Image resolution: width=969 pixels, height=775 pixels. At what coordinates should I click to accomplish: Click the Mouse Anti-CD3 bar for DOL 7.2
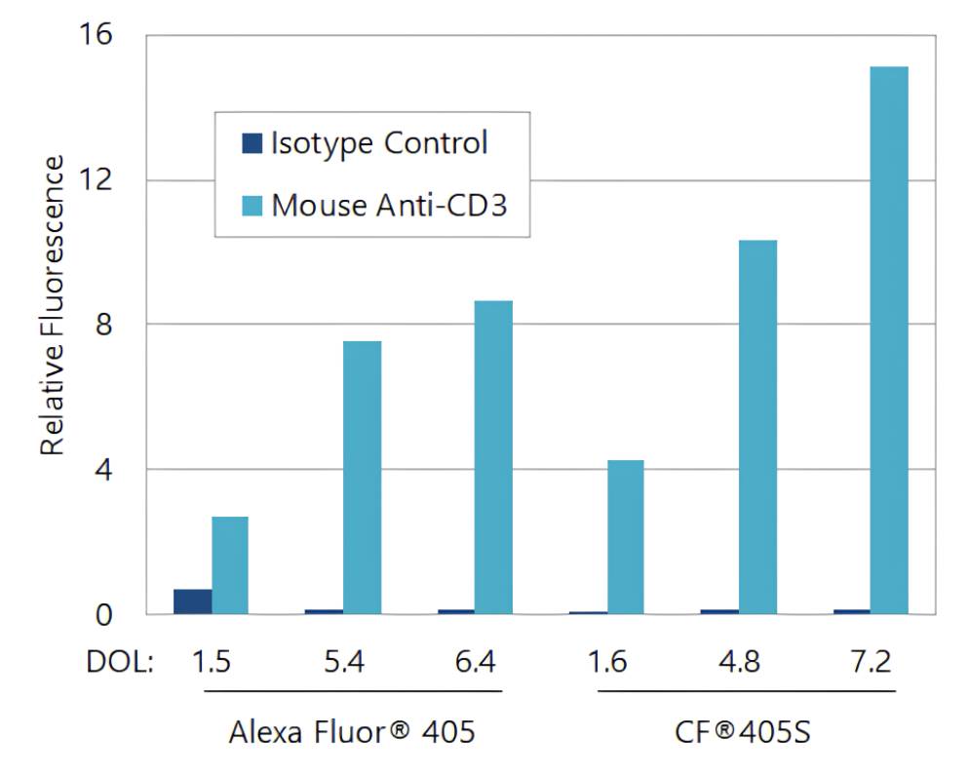pos(888,340)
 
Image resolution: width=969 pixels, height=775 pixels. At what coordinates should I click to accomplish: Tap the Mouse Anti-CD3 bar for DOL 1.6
pos(625,537)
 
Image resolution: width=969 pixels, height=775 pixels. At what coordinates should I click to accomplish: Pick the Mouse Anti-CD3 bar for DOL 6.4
pos(493,457)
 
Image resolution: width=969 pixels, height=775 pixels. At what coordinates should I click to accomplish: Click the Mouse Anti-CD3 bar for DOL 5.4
pos(362,478)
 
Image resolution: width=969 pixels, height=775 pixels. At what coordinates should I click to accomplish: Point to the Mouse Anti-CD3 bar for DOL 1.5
pos(230,565)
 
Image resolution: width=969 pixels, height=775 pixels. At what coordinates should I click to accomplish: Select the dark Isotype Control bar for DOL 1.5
pos(192,601)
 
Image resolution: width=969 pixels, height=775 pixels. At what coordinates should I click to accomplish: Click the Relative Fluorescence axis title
pos(53,304)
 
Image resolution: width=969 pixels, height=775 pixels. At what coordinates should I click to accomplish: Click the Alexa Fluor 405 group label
pos(352,731)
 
